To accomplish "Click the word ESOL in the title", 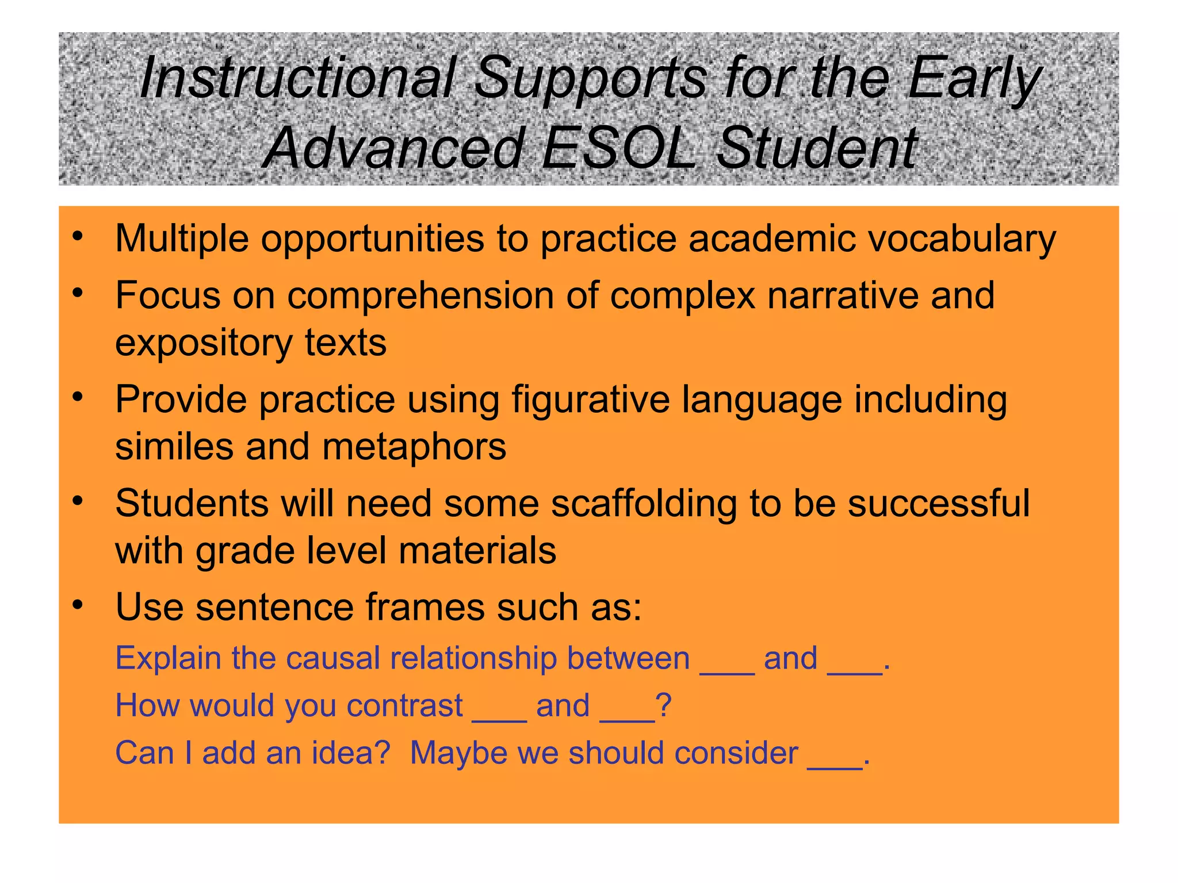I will [x=618, y=148].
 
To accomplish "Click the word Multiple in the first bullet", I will [x=182, y=239].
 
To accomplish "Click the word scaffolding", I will [x=644, y=504].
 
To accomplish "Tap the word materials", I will [x=477, y=551].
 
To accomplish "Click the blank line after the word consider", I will [x=835, y=765].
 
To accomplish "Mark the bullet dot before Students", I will [x=78, y=501].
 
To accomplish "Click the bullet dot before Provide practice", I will [x=78, y=397].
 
